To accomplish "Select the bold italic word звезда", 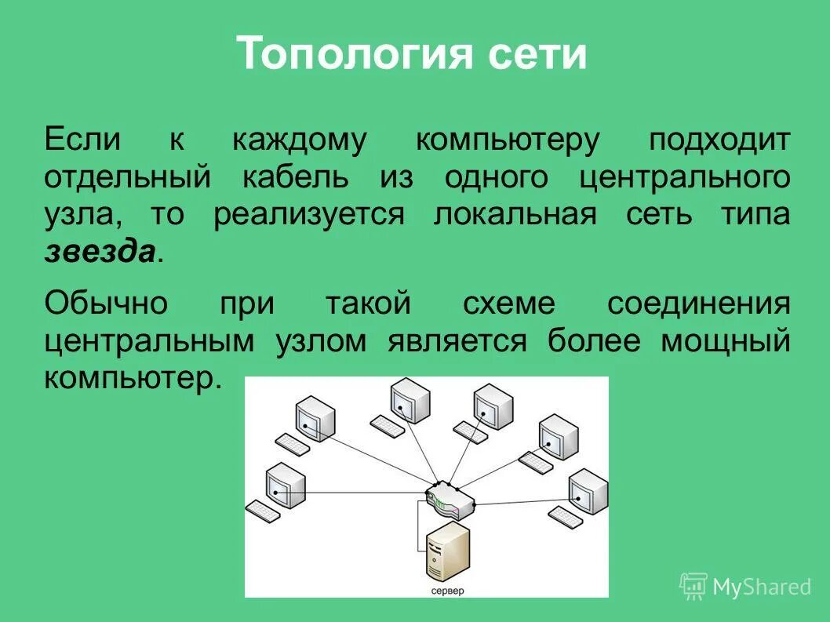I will pos(99,251).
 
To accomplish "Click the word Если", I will pos(82,140).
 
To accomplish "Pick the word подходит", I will pos(719,140).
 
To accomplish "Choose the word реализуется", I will pos(309,214).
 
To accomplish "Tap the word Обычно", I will pos(106,304).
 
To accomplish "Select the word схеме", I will pos(508,304).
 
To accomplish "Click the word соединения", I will pos(698,304).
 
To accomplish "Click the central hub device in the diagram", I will pos(450,498).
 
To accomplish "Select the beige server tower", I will pos(447,553).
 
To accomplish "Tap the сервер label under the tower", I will pos(447,590).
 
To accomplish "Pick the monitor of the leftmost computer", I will pos(283,483).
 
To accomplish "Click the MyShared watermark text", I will pos(762,587).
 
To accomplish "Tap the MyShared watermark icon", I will pos(693,586).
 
